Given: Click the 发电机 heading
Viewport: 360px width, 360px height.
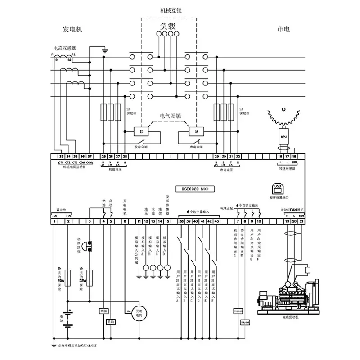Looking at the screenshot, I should [72, 29].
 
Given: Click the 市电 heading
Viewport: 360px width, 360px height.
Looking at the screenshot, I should [283, 29].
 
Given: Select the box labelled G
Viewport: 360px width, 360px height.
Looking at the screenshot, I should [141, 131].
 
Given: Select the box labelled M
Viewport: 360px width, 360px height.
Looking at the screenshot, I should [196, 131].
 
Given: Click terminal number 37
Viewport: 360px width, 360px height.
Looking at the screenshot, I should [89, 157].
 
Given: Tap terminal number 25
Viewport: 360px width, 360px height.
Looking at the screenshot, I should [104, 157].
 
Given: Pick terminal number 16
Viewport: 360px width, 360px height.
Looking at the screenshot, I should [280, 157].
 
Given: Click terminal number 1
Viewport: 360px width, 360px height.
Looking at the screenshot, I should [54, 221].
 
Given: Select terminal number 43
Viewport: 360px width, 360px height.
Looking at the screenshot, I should [217, 221].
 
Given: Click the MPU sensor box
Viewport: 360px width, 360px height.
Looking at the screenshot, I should [283, 135].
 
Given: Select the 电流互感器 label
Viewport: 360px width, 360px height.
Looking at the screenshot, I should [65, 48].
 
